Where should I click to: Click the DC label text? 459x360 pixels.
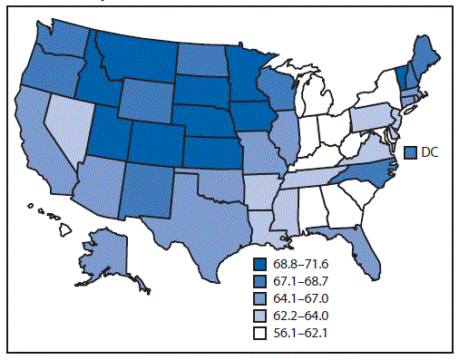[429, 152]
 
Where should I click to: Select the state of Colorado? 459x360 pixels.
[155, 136]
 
